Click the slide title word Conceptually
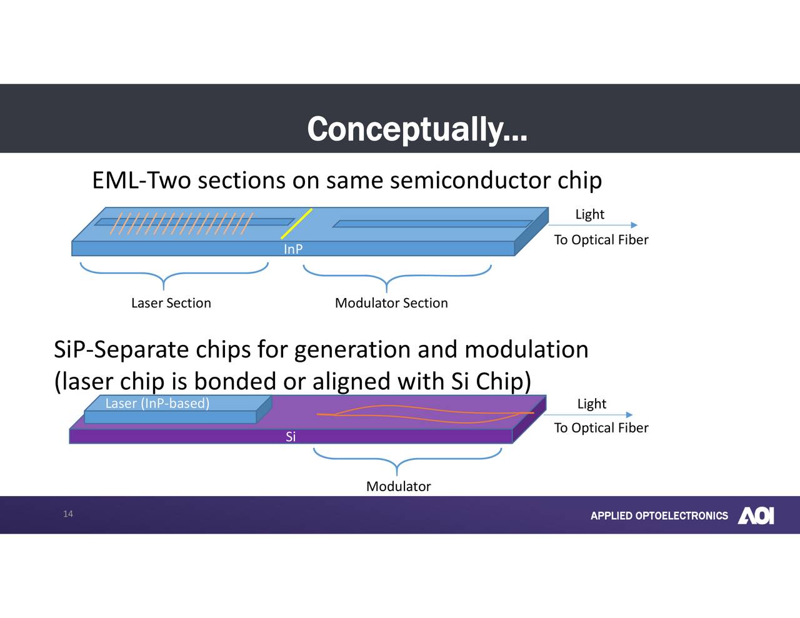[417, 129]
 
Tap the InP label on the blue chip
[293, 249]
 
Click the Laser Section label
[171, 303]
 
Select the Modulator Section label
[391, 303]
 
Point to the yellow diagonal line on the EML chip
[297, 223]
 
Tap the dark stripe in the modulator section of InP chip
[431, 224]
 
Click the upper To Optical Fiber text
[601, 240]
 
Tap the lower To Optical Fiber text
[601, 428]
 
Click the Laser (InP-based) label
[157, 403]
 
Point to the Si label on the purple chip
[291, 437]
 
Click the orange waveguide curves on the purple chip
[425, 414]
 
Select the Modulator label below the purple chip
[398, 486]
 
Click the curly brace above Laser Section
[174, 274]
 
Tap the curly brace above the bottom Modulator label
[406, 459]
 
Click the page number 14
[68, 514]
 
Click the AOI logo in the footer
[756, 516]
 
